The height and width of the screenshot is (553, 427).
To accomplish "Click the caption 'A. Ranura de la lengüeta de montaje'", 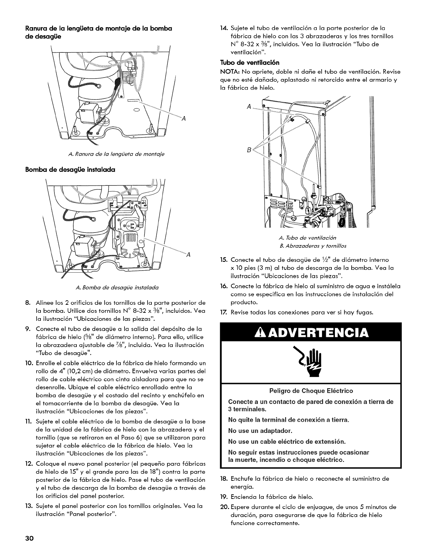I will pyautogui.click(x=107, y=154).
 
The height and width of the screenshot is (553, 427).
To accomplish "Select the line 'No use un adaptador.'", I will pyautogui.click(x=260, y=430).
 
